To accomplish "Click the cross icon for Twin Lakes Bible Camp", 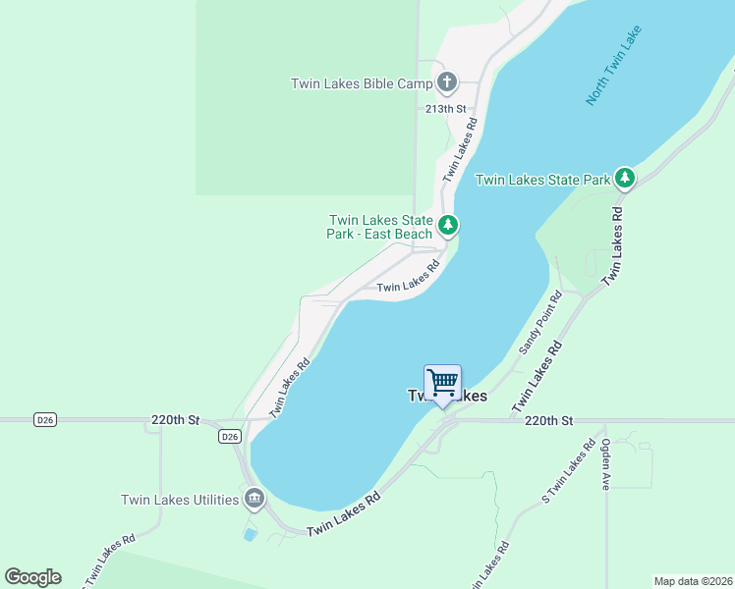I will pos(447,82).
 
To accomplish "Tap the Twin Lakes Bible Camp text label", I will pos(362,83).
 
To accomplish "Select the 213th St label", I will pos(444,109).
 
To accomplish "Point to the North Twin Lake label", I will pos(612,74).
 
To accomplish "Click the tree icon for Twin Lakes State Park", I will pos(624,178).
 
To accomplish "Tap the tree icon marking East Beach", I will pos(448,226).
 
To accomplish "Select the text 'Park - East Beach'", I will pos(379,234).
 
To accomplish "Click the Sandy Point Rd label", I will pos(539,323).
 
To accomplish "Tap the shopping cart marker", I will pos(442,381).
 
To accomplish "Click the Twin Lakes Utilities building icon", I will pos(254,499).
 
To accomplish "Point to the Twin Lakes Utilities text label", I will pos(180,500).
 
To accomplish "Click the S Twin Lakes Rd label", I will pos(569,473).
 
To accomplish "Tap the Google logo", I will pos(32,576).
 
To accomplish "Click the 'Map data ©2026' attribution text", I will pos(693,580).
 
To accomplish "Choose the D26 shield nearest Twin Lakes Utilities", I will pos(229,437).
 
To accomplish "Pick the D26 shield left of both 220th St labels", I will pos(44,420).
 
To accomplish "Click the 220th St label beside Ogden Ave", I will pos(548,420).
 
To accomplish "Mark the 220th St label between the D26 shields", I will pos(176,420).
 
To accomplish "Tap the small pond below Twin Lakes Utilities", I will pos(251,535).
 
